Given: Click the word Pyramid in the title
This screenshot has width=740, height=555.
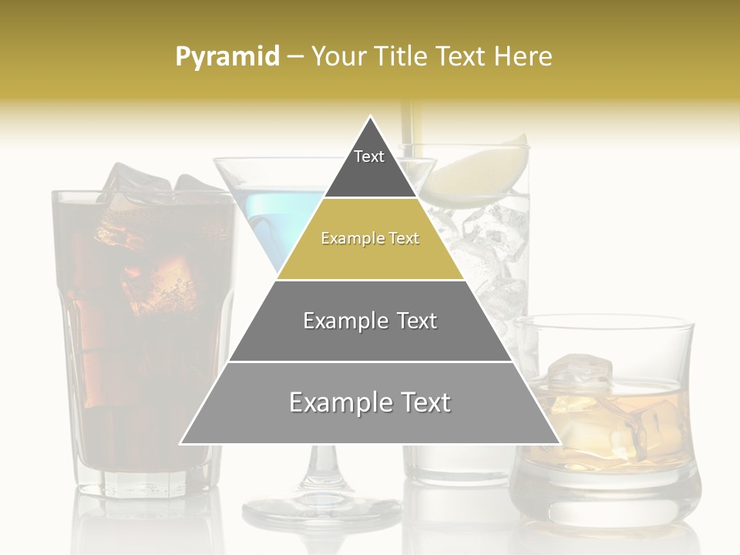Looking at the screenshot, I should (227, 57).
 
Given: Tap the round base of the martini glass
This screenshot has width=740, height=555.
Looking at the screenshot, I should (321, 510).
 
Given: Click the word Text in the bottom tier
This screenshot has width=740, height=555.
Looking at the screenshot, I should (423, 403).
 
